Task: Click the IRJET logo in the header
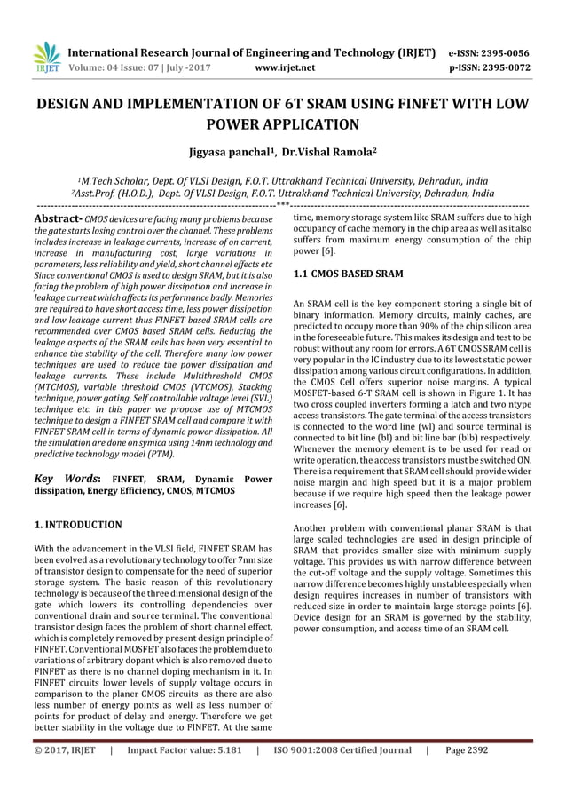coord(44,56)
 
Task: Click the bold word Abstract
coord(58,218)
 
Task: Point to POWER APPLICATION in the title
coord(283,124)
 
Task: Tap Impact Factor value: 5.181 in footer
coord(184,774)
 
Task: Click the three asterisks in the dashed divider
coord(282,204)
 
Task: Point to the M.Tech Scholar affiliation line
coord(282,178)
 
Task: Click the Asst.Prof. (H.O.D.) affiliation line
coord(282,192)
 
